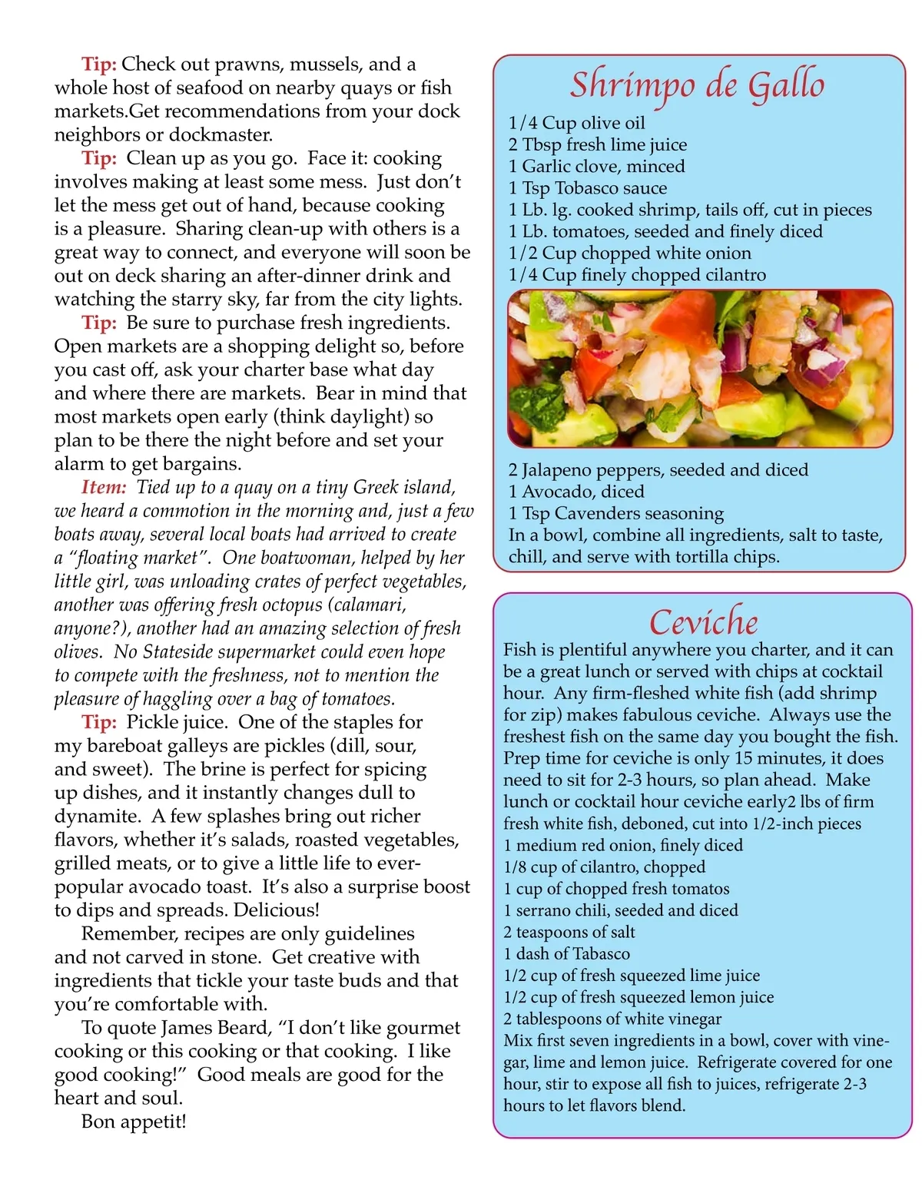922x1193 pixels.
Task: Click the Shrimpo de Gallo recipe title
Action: tap(697, 84)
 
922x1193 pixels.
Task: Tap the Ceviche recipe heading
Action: tap(703, 621)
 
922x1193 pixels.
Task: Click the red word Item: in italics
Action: tap(104, 487)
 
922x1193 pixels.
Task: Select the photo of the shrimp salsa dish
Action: tap(700, 369)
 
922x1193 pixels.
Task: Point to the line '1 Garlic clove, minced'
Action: tap(596, 166)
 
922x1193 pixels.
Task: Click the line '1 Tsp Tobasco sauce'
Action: tap(587, 187)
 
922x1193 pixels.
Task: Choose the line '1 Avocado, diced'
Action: tap(576, 491)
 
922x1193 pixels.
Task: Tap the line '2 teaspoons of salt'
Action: tap(569, 932)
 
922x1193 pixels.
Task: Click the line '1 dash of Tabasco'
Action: tap(566, 953)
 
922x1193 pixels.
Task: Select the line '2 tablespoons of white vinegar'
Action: tap(612, 1019)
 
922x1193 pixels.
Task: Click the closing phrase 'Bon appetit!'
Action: tap(134, 1121)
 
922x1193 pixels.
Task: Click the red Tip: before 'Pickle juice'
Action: tap(99, 721)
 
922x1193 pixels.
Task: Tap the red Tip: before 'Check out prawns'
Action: tap(99, 64)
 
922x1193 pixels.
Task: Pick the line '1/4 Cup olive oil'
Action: tap(576, 123)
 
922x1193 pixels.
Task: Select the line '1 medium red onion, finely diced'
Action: tap(623, 845)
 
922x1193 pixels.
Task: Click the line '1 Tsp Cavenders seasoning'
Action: tap(615, 512)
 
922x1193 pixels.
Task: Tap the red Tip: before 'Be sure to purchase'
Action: tap(99, 322)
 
